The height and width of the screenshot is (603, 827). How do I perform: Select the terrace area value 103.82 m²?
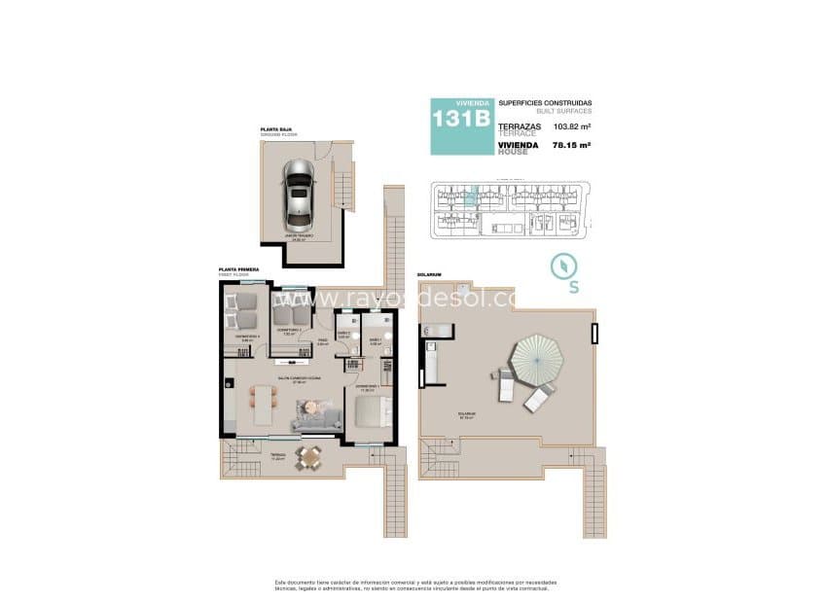pyautogui.click(x=573, y=126)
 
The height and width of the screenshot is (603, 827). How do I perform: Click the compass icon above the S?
pyautogui.click(x=561, y=265)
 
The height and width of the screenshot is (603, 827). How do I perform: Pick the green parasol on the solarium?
pyautogui.click(x=537, y=356)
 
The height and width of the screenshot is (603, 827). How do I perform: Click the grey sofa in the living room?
pyautogui.click(x=316, y=417)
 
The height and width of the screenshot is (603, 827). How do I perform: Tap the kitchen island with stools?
pyautogui.click(x=263, y=404)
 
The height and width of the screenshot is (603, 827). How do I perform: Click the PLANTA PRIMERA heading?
pyautogui.click(x=238, y=272)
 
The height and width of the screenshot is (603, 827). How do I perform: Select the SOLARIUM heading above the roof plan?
pyautogui.click(x=428, y=275)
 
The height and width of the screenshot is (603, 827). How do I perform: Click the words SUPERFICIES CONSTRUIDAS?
pyautogui.click(x=545, y=103)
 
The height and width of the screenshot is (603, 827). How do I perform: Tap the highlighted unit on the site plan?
pyautogui.click(x=470, y=197)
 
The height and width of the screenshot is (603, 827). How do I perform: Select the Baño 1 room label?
pyautogui.click(x=375, y=340)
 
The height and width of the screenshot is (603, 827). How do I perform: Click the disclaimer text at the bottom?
pyautogui.click(x=413, y=585)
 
